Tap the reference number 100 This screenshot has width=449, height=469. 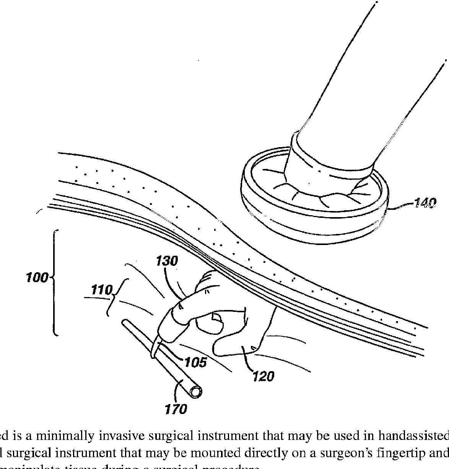point(37,277)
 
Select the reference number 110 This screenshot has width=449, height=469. point(101,290)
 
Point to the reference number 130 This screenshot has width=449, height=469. point(167,261)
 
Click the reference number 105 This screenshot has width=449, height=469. point(195,362)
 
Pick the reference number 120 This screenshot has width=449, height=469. point(263,376)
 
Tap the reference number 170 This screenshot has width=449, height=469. point(176,409)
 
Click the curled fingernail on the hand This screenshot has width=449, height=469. point(216,317)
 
